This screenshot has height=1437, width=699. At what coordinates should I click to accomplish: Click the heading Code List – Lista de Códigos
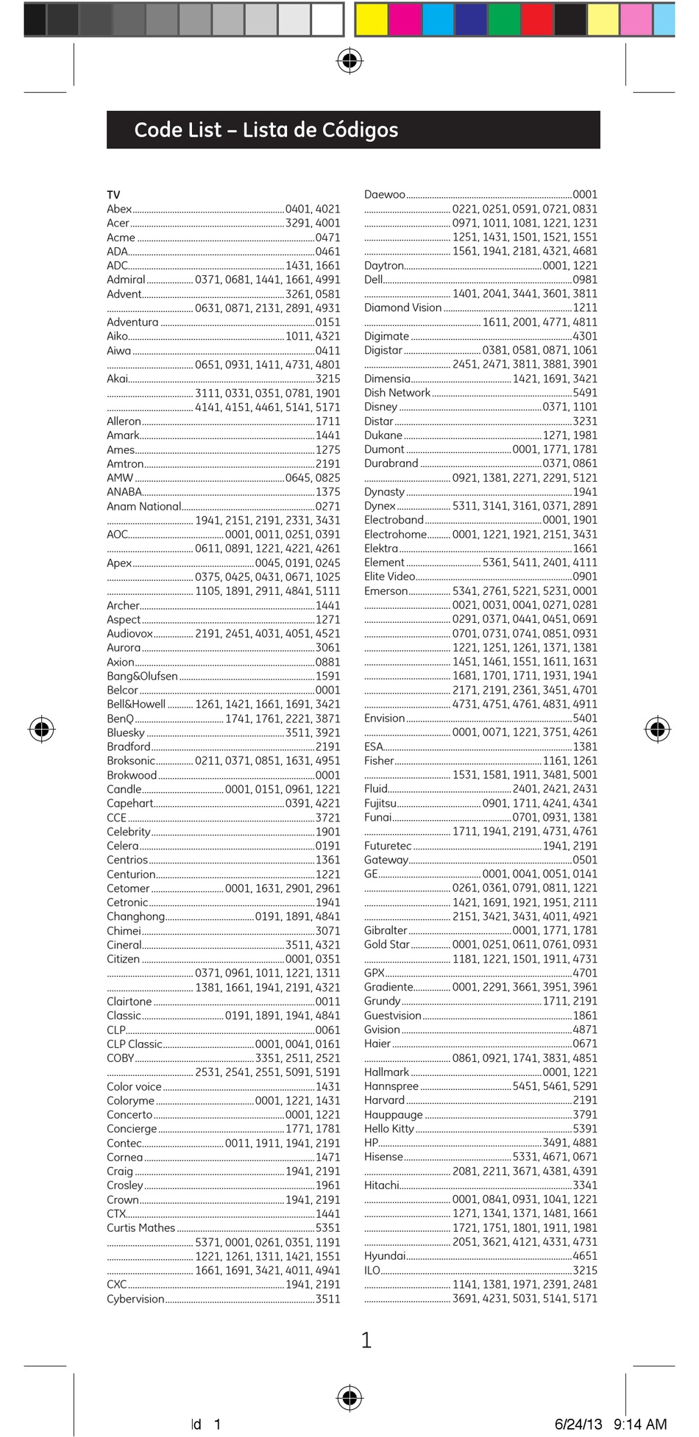pyautogui.click(x=266, y=130)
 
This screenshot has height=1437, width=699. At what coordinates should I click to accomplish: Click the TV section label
pyautogui.click(x=113, y=195)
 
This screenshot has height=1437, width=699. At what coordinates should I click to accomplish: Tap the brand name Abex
pyautogui.click(x=119, y=209)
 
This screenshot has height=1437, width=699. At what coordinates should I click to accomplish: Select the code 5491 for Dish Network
pyautogui.click(x=585, y=393)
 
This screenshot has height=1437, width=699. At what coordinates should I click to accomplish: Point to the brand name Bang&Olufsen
pyautogui.click(x=142, y=676)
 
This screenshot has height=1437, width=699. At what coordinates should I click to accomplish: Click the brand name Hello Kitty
pyautogui.click(x=389, y=1128)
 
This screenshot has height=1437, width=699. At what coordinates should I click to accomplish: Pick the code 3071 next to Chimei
pyautogui.click(x=327, y=930)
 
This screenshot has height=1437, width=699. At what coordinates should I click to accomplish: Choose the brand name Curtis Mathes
pyautogui.click(x=141, y=1227)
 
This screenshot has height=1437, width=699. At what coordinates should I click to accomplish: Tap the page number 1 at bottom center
pyautogui.click(x=366, y=1340)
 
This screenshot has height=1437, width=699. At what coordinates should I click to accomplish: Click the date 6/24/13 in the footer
pyautogui.click(x=578, y=1424)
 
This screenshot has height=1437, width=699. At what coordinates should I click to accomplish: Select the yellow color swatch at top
pyautogui.click(x=372, y=19)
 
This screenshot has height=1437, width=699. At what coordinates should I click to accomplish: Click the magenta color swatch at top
pyautogui.click(x=405, y=19)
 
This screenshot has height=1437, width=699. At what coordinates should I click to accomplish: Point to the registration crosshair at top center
pyautogui.click(x=349, y=61)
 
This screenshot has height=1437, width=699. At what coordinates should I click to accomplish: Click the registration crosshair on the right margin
pyautogui.click(x=657, y=729)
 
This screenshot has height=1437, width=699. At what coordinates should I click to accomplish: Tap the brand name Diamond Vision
pyautogui.click(x=402, y=307)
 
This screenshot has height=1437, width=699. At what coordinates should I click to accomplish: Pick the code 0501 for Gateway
pyautogui.click(x=585, y=860)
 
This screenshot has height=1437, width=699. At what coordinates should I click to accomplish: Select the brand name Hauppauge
pyautogui.click(x=393, y=1114)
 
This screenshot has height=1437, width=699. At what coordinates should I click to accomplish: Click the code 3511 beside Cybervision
pyautogui.click(x=327, y=1299)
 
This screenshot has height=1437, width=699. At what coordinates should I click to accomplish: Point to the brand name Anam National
pyautogui.click(x=143, y=506)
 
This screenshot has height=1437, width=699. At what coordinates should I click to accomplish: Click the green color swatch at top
pyautogui.click(x=504, y=19)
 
